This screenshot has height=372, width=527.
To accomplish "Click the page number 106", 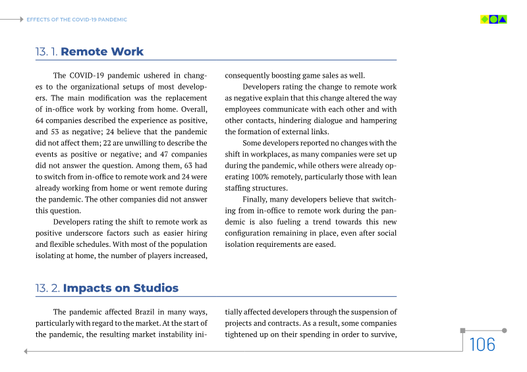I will [x=482, y=344].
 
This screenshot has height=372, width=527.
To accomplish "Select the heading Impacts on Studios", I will [x=121, y=288].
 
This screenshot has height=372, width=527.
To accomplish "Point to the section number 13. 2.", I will [x=47, y=288].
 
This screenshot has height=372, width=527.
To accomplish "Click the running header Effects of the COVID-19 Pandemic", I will [x=76, y=20].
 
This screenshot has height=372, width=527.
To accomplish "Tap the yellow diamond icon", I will [x=485, y=19].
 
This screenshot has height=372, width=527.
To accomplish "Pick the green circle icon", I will [x=493, y=19].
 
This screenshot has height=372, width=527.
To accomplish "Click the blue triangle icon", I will [x=503, y=19].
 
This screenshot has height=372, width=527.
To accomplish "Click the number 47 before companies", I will [x=167, y=154].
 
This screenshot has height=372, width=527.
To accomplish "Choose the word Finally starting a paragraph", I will [x=255, y=199].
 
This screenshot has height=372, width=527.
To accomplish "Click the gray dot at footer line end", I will [x=505, y=331].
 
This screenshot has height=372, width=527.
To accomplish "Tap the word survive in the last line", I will [x=381, y=334].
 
